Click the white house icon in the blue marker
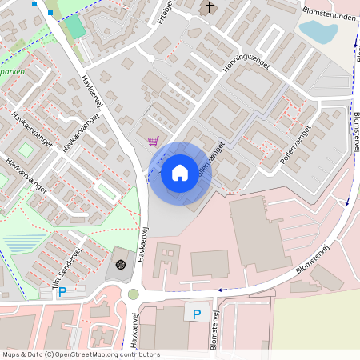(180, 172)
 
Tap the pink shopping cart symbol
(153, 141)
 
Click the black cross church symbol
(210, 8)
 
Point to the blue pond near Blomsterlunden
(318, 31)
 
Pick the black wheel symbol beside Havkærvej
(121, 265)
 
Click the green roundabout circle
(134, 294)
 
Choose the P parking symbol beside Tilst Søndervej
(62, 292)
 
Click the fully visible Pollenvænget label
(295, 145)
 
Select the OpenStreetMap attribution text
(81, 354)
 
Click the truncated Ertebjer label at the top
(167, 10)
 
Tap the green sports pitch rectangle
(74, 26)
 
